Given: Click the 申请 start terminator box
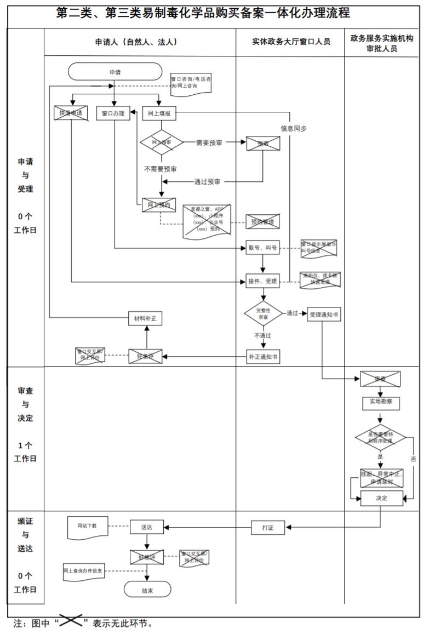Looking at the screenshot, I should coord(115,71).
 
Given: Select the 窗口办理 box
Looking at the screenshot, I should coord(113,113).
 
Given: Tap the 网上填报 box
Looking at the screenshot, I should coord(159,113).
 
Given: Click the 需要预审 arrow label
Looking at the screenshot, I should coord(209,142).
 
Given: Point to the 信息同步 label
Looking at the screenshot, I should coord(294,128).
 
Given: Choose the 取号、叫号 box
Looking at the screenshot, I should coord(262,248).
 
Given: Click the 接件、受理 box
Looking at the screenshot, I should coord(262,282).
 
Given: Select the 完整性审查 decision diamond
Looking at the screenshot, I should coord(264,313).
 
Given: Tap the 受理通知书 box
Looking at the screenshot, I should coord(324,314).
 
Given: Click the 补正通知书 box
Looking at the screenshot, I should coord(262,357).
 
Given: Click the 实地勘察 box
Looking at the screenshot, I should coord(381,403).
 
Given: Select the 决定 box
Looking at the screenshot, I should coord(381,498).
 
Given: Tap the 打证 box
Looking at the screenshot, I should coord(268,528).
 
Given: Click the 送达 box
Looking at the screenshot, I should coord(147,528).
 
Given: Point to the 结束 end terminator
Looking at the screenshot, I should coord(147,590).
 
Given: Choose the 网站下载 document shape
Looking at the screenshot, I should coord(87,526).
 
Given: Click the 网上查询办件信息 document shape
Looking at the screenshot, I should coord(83,572).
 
